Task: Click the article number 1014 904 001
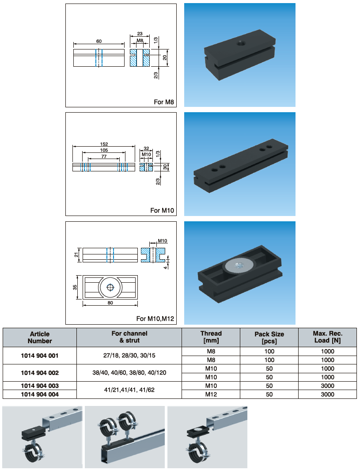[x=40, y=356]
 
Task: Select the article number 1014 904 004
[x=40, y=394]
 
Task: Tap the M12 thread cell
[x=211, y=394]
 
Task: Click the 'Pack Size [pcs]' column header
[x=269, y=337]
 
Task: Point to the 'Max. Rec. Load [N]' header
[x=327, y=337]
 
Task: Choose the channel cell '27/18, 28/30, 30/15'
[x=129, y=356]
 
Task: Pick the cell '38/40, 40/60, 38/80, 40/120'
[x=129, y=372]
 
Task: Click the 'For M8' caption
[x=164, y=102]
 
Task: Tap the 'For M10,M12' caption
[x=155, y=318]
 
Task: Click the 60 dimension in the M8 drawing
[x=99, y=41]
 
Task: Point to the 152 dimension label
[x=104, y=144]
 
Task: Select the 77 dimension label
[x=104, y=156]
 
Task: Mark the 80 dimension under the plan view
[x=110, y=303]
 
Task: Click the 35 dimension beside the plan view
[x=75, y=287]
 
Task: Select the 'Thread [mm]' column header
[x=211, y=337]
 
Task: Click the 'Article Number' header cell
[x=40, y=337]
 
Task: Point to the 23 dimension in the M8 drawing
[x=140, y=34]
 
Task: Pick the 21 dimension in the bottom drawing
[x=76, y=255]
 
